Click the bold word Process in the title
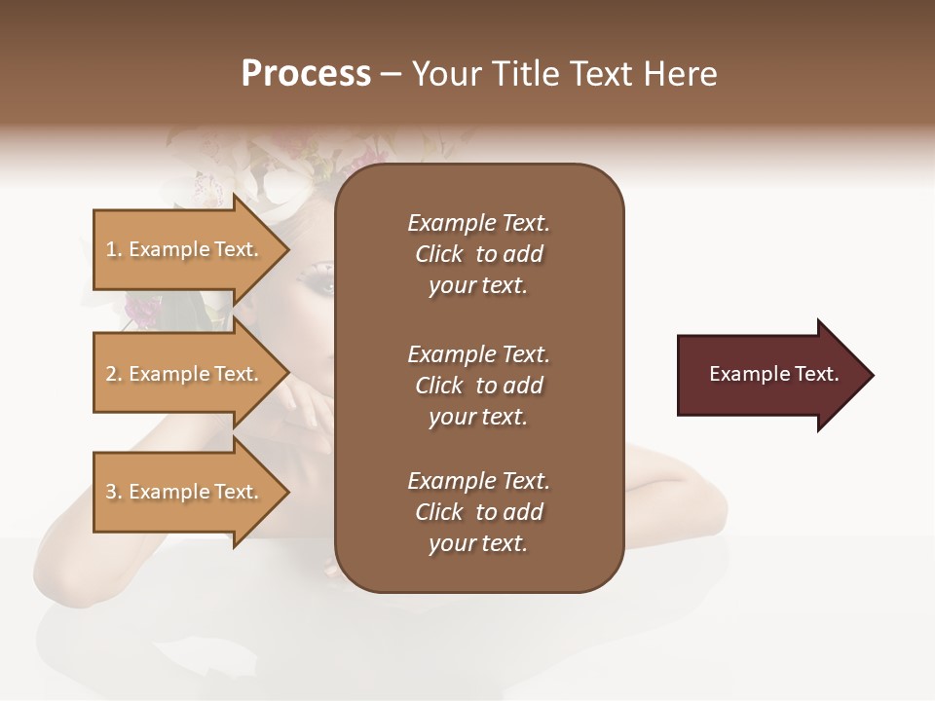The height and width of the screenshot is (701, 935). pyautogui.click(x=306, y=74)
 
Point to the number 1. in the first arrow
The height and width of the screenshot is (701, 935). pyautogui.click(x=114, y=249)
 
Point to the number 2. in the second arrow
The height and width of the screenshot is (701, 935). pyautogui.click(x=114, y=374)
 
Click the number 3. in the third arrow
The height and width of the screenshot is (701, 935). pyautogui.click(x=114, y=492)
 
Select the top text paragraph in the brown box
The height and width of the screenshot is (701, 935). pyautogui.click(x=478, y=254)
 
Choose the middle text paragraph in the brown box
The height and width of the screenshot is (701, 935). pyautogui.click(x=478, y=386)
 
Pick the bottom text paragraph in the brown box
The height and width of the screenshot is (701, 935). pyautogui.click(x=478, y=512)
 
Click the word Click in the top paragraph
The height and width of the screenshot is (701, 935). pyautogui.click(x=439, y=254)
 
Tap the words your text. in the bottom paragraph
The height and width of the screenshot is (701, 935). pyautogui.click(x=478, y=543)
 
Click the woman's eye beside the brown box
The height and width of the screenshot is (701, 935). pyautogui.click(x=324, y=279)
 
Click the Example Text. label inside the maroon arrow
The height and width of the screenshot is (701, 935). pyautogui.click(x=774, y=374)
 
